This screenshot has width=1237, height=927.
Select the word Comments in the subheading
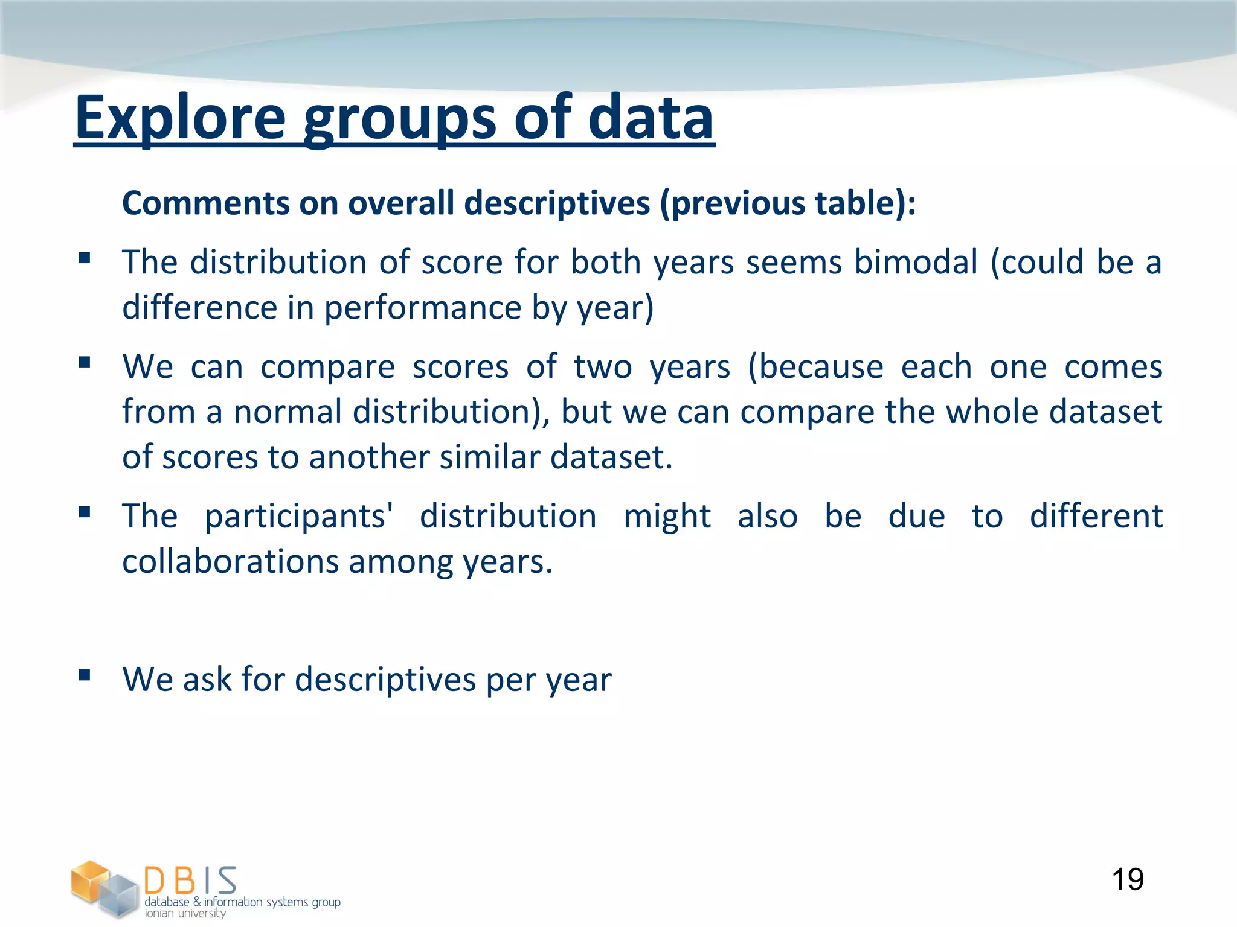coord(204,203)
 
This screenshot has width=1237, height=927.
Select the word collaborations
coord(230,561)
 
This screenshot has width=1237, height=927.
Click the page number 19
coord(1127,879)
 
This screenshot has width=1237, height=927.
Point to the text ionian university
coord(185,913)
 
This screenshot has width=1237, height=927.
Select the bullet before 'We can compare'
coord(85,363)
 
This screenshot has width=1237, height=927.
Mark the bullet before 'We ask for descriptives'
coord(85,675)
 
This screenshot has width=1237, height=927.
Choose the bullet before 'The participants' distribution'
coord(85,512)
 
